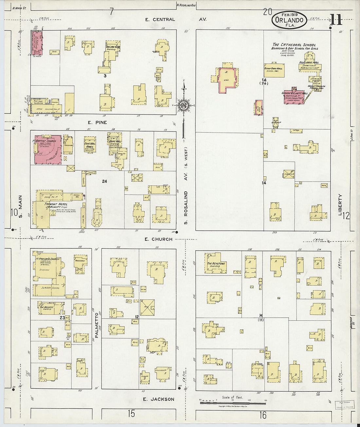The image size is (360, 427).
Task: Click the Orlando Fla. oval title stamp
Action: pos(289,20)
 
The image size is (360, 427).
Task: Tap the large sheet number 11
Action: pos(336,20)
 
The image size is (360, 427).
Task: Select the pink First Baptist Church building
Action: pos(48,149)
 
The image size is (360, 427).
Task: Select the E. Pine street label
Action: pos(97,122)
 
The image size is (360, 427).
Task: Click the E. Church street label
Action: pos(159,239)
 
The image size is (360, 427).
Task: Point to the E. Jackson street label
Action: pos(159,399)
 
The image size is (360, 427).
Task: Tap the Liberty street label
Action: pos(340,205)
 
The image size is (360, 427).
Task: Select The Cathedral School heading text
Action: pos(294,45)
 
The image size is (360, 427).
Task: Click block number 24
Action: pos(104,181)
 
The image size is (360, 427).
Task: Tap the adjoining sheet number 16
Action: pos(263,415)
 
